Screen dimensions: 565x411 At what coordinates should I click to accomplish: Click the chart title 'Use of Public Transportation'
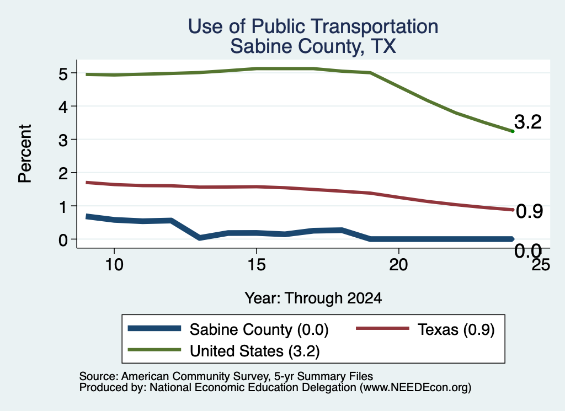tap(313, 26)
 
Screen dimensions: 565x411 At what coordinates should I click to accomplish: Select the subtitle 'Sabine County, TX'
tap(313, 46)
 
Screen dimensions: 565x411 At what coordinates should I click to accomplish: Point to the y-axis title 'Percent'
tap(25, 153)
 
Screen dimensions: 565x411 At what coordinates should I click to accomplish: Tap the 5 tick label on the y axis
tap(63, 74)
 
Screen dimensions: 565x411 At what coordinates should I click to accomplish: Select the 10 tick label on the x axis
tap(114, 265)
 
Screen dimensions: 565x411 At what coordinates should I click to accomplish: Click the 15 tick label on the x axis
tap(257, 265)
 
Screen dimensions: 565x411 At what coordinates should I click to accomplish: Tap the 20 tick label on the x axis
tap(398, 265)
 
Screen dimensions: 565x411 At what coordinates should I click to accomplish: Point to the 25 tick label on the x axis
tap(541, 265)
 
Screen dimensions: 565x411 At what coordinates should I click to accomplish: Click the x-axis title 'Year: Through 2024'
tap(313, 298)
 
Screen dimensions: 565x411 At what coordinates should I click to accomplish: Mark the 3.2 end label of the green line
tap(528, 122)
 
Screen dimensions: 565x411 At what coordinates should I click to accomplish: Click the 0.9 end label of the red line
tap(529, 211)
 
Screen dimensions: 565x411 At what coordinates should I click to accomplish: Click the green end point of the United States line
tap(513, 131)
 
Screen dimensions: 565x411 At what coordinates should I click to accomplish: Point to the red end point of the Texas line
tap(513, 210)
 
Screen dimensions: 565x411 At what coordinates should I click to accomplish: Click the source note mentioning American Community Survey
tap(226, 376)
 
